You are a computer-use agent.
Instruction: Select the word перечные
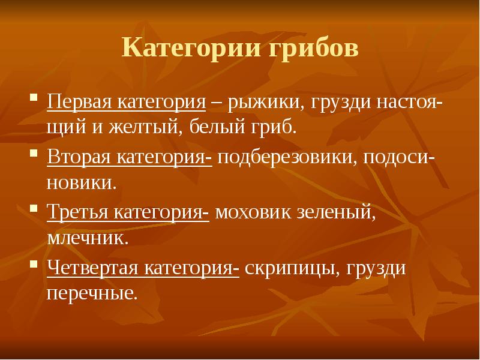point(91,293)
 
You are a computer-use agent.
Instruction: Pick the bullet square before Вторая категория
point(35,156)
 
